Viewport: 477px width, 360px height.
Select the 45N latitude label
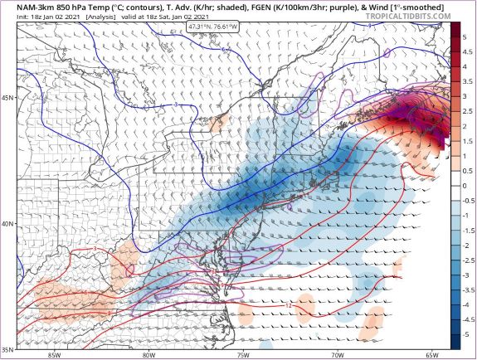click(x=7, y=98)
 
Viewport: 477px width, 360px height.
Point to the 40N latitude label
click(x=7, y=224)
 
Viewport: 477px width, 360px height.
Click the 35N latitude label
click(x=7, y=348)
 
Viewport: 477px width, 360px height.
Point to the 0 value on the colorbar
click(x=465, y=186)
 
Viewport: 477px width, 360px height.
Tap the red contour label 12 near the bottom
click(x=287, y=306)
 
